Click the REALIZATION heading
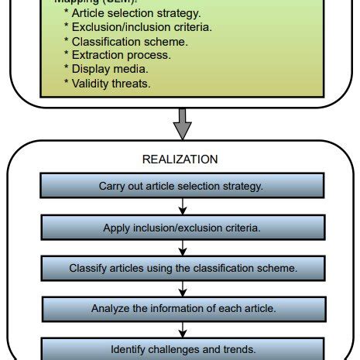[x=180, y=159]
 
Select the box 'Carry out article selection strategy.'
[x=181, y=186]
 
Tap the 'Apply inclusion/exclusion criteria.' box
[x=181, y=228]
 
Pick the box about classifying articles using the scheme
[x=181, y=268]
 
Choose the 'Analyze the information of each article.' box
[x=181, y=308]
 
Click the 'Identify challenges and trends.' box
[x=181, y=348]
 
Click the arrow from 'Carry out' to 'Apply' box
[x=181, y=207]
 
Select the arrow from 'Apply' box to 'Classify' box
[x=181, y=248]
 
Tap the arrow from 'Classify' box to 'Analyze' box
[x=181, y=288]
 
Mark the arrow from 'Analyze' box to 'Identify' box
[x=181, y=328]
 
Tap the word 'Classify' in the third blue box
[x=87, y=268]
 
